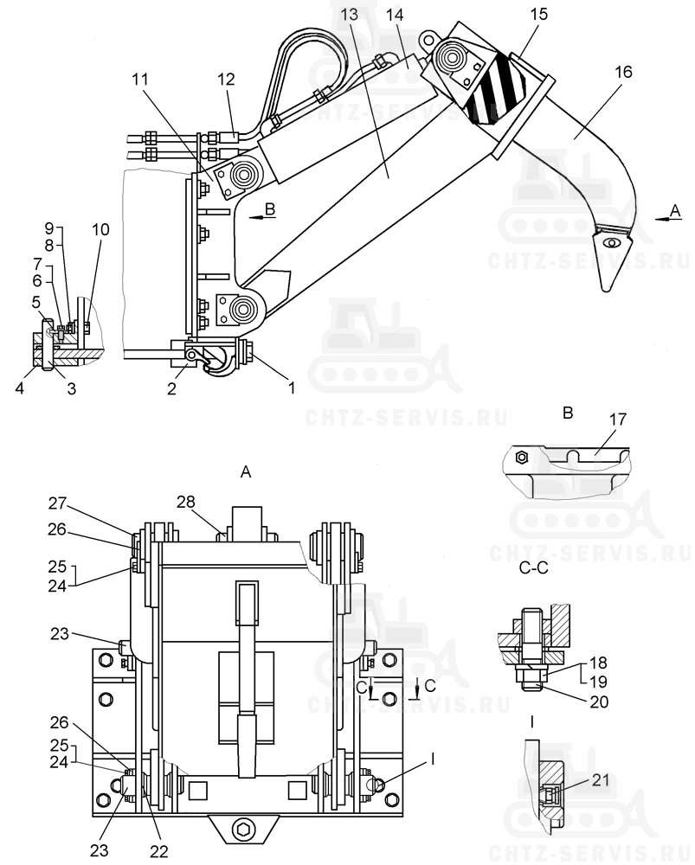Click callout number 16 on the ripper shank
[x=622, y=72]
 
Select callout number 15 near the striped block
[x=538, y=14]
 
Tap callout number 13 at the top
[x=350, y=14]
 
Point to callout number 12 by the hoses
[x=226, y=79]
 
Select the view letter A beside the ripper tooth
[x=676, y=210]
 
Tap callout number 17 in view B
[x=618, y=420]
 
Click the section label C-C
[x=534, y=567]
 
